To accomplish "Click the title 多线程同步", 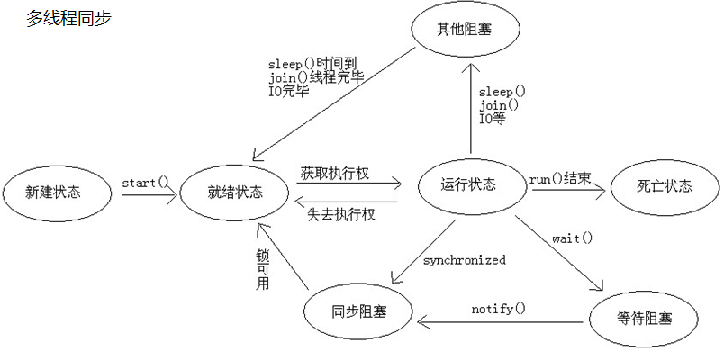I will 69,18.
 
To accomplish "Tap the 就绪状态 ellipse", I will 235,192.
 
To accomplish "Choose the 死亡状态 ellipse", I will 665,187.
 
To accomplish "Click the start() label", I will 146,183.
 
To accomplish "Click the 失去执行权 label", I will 340,214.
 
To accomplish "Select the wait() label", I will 573,238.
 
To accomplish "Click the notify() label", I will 498,309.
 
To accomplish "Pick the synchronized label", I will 465,260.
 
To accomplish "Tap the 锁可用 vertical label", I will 263,268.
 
